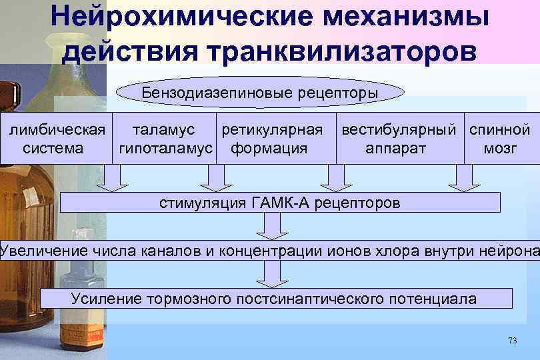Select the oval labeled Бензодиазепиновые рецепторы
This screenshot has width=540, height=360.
click(260, 93)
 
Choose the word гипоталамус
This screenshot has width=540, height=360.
click(166, 148)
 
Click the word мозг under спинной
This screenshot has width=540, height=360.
click(500, 148)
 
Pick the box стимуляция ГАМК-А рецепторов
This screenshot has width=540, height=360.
click(280, 203)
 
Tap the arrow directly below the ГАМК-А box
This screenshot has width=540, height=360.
click(271, 226)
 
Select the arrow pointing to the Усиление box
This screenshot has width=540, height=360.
click(271, 273)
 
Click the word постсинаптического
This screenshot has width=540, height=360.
click(314, 298)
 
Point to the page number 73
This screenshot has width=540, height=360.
click(512, 341)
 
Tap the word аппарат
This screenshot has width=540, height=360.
click(395, 148)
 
